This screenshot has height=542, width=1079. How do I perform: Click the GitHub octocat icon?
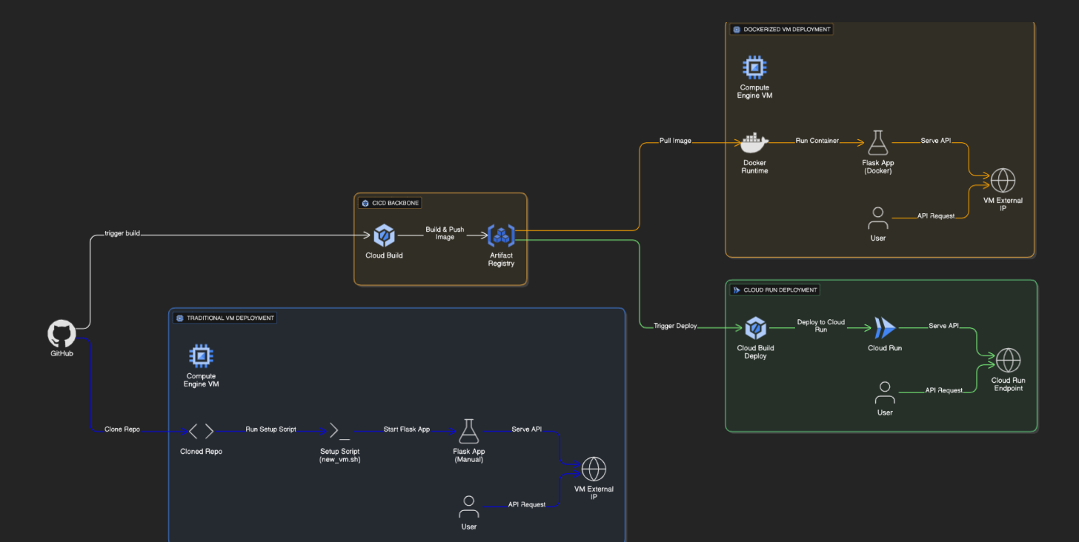pyautogui.click(x=62, y=334)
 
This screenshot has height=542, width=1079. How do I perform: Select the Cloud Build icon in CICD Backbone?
pyautogui.click(x=384, y=236)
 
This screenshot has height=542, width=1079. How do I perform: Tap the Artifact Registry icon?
pyautogui.click(x=501, y=236)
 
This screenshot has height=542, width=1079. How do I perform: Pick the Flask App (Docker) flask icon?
pyautogui.click(x=878, y=142)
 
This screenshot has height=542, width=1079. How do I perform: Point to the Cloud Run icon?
pyautogui.click(x=884, y=327)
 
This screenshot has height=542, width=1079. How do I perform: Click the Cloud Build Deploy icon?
pyautogui.click(x=756, y=327)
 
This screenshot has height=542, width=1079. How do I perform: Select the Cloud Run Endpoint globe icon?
pyautogui.click(x=1008, y=361)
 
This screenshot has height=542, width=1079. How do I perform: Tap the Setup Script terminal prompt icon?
pyautogui.click(x=339, y=431)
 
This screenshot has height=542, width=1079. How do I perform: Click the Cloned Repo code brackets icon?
pyautogui.click(x=201, y=431)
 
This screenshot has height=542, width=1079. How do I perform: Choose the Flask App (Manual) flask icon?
pyautogui.click(x=468, y=431)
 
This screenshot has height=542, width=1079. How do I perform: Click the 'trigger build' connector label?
pyautogui.click(x=122, y=233)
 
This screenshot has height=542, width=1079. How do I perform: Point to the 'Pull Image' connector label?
pyautogui.click(x=675, y=141)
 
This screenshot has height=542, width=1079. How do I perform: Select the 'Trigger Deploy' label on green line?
pyautogui.click(x=675, y=326)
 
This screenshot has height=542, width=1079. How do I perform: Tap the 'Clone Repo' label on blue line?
pyautogui.click(x=122, y=429)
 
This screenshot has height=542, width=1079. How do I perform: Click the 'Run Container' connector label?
pyautogui.click(x=817, y=141)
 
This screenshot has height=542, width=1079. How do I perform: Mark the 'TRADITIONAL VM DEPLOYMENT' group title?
pyautogui.click(x=230, y=318)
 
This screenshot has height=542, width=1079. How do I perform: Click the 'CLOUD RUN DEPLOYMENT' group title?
pyautogui.click(x=780, y=290)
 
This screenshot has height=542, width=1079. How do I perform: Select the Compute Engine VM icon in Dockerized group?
pyautogui.click(x=754, y=68)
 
